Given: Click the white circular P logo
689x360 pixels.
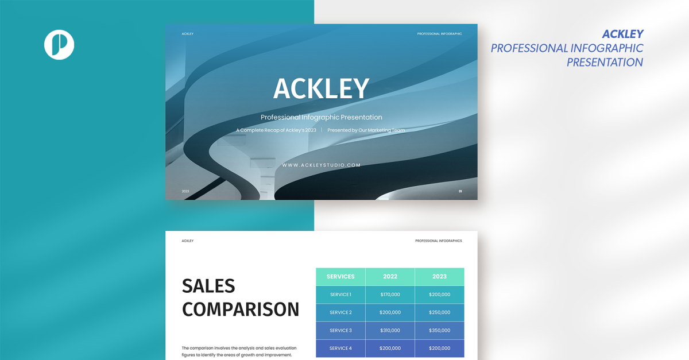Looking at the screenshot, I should coord(59,45).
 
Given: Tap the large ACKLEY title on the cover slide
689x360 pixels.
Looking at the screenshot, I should coord(321,88).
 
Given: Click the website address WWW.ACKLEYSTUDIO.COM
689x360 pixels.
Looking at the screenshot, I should coord(322,165).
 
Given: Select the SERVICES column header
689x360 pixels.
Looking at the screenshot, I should coord(340,277).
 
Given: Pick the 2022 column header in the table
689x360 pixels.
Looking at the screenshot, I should coord(390,277).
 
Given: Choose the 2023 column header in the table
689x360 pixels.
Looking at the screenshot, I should coord(439,277).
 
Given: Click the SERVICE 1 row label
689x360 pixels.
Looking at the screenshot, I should coord(340,295).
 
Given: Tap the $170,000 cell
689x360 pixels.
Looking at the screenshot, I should coord(390,295).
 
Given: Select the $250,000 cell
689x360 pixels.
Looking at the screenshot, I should coord(439,312).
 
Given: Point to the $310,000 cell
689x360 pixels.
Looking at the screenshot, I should coord(390,330).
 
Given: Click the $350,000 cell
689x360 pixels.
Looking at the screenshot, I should coord(439,330).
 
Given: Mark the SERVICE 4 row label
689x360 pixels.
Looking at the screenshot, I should coord(340,348).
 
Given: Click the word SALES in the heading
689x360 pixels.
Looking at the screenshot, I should coord(208,286).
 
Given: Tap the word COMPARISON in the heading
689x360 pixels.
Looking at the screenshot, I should coord(241,309).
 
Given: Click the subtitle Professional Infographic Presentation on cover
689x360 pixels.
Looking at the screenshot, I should coord(321,117).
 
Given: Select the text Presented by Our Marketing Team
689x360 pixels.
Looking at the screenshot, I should coord(366,130).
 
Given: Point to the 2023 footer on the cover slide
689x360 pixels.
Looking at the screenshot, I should coord(185,191).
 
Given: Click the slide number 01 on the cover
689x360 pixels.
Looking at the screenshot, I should coord(460,191).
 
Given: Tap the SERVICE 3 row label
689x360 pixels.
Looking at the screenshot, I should coord(340,330).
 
